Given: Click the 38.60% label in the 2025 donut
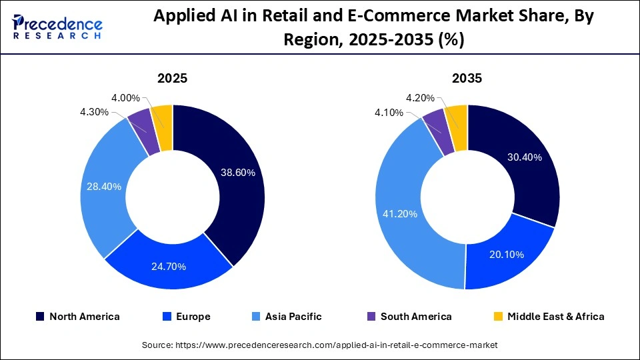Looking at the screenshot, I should [237, 172].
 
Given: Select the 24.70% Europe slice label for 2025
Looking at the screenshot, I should [169, 267].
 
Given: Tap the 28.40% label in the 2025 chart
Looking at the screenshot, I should [104, 187].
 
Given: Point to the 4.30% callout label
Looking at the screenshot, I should [94, 112].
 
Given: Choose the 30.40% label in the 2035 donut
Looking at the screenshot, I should [525, 157].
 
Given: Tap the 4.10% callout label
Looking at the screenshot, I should [389, 113].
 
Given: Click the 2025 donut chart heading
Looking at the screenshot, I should [172, 78].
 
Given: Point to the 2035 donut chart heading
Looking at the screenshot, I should [467, 78].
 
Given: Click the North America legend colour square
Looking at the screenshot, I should [40, 317].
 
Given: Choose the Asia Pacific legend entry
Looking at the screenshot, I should [287, 317].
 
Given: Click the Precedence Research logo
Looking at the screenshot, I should [57, 27].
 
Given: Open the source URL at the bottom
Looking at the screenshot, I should [320, 345].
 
